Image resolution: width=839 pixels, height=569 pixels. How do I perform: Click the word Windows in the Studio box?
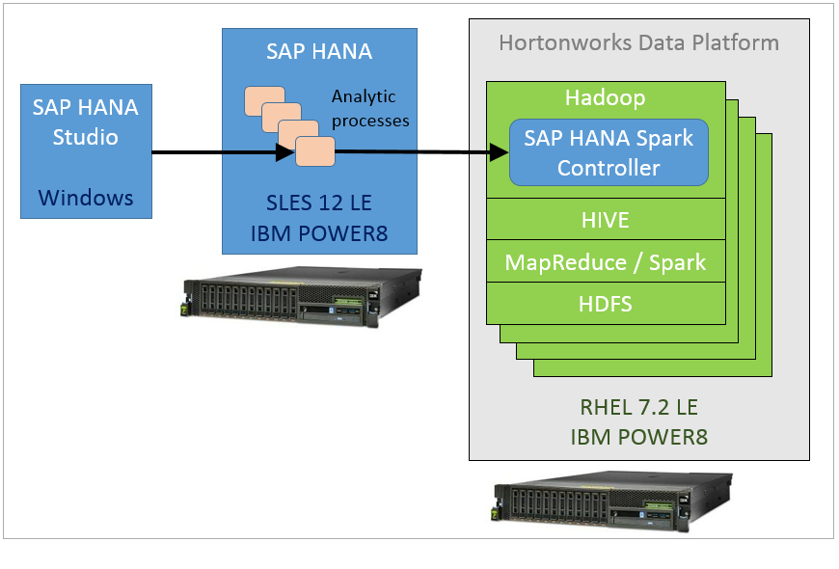[x=86, y=198]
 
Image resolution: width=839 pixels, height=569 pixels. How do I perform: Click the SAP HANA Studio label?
[x=86, y=122]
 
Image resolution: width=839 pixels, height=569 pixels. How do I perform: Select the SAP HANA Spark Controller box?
[x=609, y=152]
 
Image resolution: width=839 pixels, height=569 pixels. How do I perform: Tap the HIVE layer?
[x=607, y=220]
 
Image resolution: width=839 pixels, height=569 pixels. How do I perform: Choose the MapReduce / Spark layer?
[x=607, y=262]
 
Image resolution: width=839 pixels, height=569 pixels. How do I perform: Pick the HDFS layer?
[x=607, y=304]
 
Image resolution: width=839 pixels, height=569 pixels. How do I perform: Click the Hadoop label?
[x=606, y=98]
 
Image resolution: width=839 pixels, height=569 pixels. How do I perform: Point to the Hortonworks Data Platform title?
[x=638, y=43]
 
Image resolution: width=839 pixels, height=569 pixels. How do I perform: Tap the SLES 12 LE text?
[x=319, y=204]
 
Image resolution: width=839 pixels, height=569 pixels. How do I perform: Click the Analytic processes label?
[x=370, y=109]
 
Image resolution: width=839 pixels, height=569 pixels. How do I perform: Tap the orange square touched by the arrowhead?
[x=315, y=151]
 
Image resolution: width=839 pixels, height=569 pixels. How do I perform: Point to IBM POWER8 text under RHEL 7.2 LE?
[x=638, y=437]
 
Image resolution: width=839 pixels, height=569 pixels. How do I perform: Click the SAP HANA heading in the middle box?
[x=317, y=51]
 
